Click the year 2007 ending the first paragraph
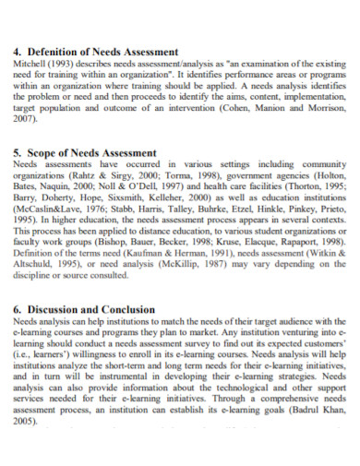[27, 119]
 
